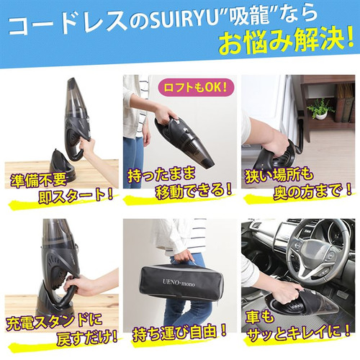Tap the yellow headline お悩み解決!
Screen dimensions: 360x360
click(x=286, y=41)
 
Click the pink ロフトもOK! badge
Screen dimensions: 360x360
click(x=195, y=87)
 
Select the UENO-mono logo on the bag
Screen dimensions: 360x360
click(x=179, y=283)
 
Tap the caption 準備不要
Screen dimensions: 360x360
click(x=38, y=179)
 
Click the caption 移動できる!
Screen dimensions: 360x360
click(x=194, y=190)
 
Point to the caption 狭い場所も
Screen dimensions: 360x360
click(x=279, y=176)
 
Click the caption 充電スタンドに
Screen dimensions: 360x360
click(x=54, y=322)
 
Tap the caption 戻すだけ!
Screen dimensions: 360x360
click(x=87, y=338)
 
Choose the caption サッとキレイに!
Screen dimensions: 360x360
click(x=299, y=333)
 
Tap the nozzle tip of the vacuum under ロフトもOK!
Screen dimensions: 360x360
click(x=208, y=164)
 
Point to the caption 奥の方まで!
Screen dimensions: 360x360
click(x=312, y=192)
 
